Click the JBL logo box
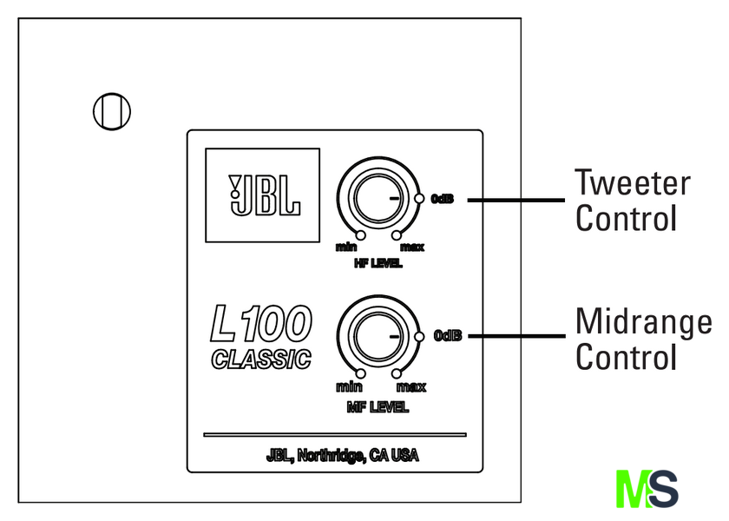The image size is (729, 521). (262, 195)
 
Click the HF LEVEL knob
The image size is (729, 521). (376, 199)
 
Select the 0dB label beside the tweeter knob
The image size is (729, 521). (443, 199)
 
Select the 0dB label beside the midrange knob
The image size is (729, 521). (448, 336)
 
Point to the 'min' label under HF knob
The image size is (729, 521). (346, 248)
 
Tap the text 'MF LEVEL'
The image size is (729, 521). (377, 406)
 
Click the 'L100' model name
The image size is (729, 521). (260, 326)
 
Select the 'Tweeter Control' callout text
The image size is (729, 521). (633, 201)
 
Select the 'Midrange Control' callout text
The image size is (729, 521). (643, 339)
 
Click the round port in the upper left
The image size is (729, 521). (111, 110)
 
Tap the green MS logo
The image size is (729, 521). (647, 489)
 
